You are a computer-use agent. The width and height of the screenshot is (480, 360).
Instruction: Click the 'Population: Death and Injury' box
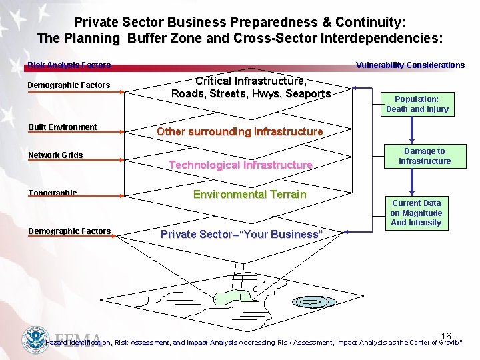(x=417, y=104)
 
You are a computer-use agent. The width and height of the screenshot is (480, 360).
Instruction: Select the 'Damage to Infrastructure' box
(x=425, y=156)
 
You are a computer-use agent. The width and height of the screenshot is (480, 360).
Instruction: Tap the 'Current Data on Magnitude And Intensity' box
(x=416, y=213)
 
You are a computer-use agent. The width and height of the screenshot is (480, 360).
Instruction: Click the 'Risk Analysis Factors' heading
(x=69, y=65)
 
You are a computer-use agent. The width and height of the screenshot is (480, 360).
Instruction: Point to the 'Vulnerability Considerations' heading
(x=410, y=65)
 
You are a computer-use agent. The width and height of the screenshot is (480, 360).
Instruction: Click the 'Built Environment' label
(x=62, y=127)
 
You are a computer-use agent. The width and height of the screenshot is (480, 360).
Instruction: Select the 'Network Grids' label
(x=55, y=155)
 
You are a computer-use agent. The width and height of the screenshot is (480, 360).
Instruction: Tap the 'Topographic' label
(x=53, y=193)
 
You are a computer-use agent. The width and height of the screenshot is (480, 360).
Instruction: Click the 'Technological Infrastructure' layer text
(x=240, y=165)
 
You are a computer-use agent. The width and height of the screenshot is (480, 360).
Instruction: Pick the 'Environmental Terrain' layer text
(x=249, y=195)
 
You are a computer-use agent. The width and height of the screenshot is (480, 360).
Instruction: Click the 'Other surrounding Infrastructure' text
(x=239, y=131)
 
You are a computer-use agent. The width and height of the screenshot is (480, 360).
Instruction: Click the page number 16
(x=446, y=337)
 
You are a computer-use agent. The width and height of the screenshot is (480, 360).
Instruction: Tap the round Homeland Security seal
(x=35, y=339)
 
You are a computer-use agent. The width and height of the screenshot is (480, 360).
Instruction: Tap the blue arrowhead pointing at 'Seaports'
(x=355, y=88)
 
